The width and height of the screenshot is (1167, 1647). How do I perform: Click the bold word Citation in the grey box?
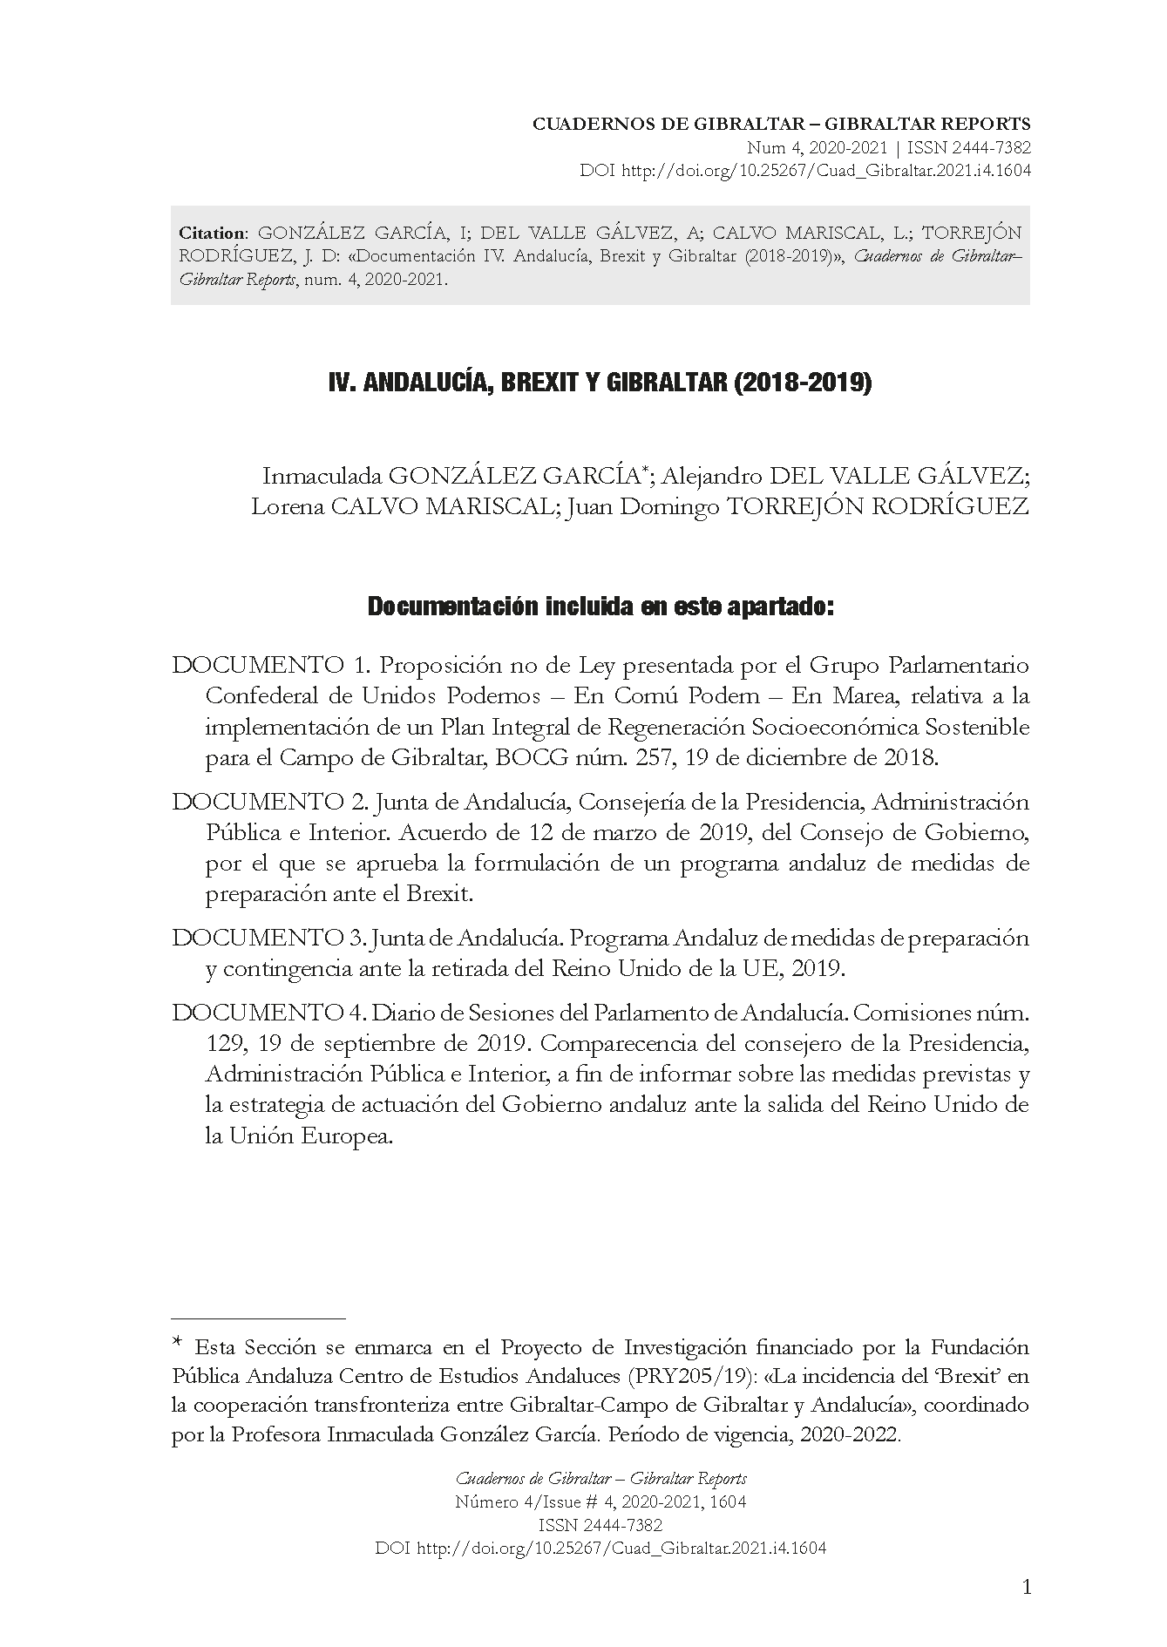(x=212, y=234)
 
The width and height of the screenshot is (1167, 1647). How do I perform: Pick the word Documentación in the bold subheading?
(x=451, y=607)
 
